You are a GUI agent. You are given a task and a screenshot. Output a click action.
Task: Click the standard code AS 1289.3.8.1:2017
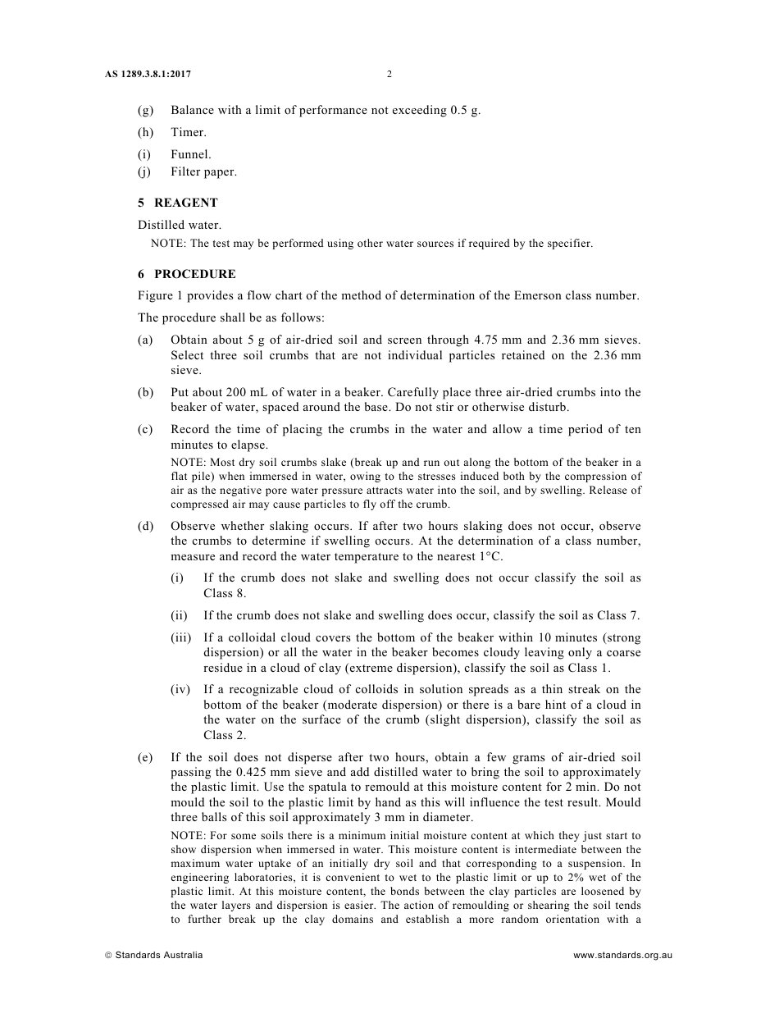(148, 75)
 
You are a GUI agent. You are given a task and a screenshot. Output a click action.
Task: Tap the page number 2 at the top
(389, 75)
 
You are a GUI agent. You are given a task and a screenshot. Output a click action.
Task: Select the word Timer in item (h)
(189, 132)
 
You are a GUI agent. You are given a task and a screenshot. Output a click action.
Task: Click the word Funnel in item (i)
(191, 154)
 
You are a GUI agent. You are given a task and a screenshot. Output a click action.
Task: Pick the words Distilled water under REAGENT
(180, 225)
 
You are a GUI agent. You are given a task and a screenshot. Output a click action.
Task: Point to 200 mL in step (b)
(239, 392)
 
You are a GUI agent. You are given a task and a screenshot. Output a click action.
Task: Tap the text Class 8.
(225, 593)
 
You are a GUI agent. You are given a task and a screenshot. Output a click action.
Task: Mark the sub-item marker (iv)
(180, 690)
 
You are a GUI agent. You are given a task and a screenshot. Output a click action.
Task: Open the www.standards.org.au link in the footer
(622, 955)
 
